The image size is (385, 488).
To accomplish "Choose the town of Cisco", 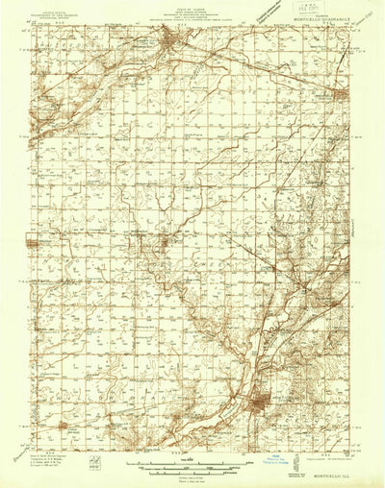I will point(62,423).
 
